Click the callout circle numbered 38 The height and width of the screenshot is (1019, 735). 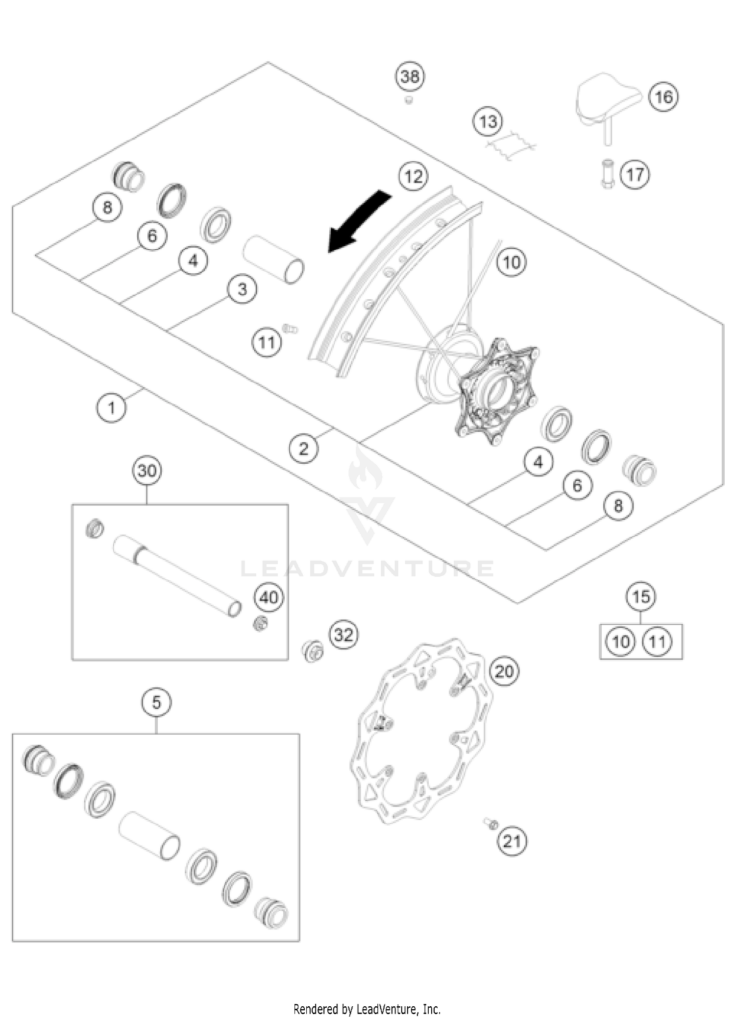(410, 76)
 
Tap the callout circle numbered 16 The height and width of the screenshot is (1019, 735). (663, 96)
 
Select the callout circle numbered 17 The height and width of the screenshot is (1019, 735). (635, 174)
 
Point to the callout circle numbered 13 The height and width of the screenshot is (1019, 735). (488, 121)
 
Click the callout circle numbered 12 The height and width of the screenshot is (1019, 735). (414, 176)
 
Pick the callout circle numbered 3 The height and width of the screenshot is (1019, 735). (242, 289)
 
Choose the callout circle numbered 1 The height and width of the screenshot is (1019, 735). (111, 407)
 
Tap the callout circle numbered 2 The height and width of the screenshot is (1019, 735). (303, 448)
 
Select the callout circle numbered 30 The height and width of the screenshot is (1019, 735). (147, 471)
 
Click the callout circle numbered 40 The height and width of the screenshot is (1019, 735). (269, 597)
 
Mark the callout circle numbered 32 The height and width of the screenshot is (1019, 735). (343, 635)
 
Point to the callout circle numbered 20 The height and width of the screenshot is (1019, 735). (504, 671)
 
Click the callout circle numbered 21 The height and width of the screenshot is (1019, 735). (512, 842)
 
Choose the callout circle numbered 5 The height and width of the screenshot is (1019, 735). (156, 703)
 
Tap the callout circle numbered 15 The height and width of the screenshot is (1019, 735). (641, 597)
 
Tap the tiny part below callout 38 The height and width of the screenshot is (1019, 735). (408, 100)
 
